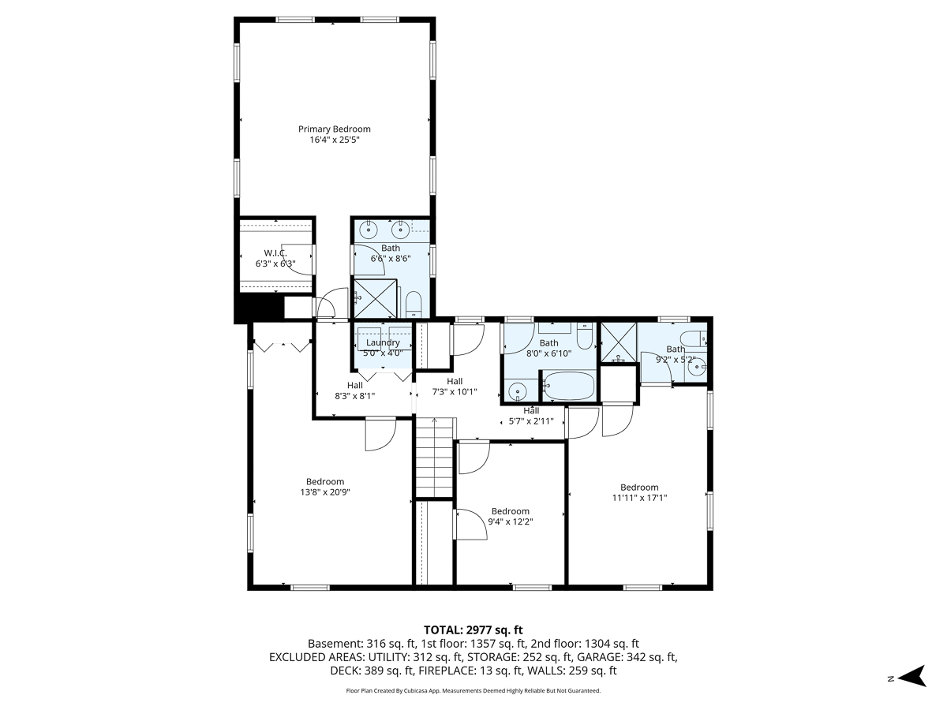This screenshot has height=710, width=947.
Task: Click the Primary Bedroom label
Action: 334,129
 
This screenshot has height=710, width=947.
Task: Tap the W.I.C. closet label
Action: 275,253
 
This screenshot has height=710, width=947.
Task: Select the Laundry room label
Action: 383,343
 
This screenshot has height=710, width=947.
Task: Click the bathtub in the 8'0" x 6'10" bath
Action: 568,387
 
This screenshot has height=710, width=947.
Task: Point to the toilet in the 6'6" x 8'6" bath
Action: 414,304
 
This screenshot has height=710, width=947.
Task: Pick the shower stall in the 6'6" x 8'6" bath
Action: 376,298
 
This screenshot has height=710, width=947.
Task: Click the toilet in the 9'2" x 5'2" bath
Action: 694,340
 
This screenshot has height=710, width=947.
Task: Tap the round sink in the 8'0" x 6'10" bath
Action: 517,390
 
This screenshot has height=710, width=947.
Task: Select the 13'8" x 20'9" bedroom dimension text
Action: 325,492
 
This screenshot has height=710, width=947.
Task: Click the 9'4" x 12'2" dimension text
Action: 510,521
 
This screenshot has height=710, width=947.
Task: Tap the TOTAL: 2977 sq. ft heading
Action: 473,630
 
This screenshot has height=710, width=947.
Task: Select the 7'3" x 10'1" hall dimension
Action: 454,391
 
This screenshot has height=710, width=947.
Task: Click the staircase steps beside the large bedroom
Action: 434,465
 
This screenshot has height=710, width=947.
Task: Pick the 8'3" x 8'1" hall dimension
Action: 355,396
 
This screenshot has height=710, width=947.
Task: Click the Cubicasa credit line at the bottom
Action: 473,690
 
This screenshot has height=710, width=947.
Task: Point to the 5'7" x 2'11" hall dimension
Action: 531,421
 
